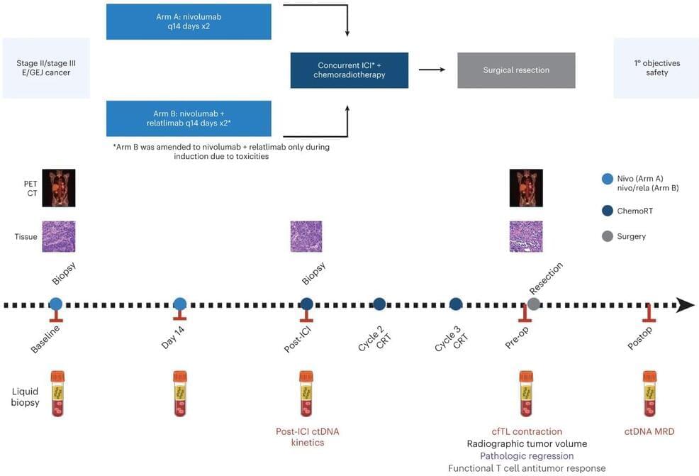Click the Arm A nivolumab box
(x=189, y=21)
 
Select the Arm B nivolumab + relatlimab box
(x=189, y=118)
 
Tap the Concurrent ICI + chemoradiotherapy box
(x=349, y=70)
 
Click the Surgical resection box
(x=516, y=70)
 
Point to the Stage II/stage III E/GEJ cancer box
(x=47, y=68)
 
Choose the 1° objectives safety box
(x=656, y=68)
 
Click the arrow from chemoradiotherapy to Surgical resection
(x=432, y=70)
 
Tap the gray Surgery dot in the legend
(x=607, y=236)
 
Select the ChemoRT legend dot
(x=607, y=210)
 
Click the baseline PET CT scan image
(x=59, y=187)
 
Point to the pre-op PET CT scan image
(x=526, y=187)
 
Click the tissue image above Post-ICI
(x=306, y=236)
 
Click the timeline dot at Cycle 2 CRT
(x=379, y=304)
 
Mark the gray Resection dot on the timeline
(x=534, y=304)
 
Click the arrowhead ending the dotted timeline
(x=686, y=305)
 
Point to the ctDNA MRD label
(x=649, y=431)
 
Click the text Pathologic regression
(x=527, y=456)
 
